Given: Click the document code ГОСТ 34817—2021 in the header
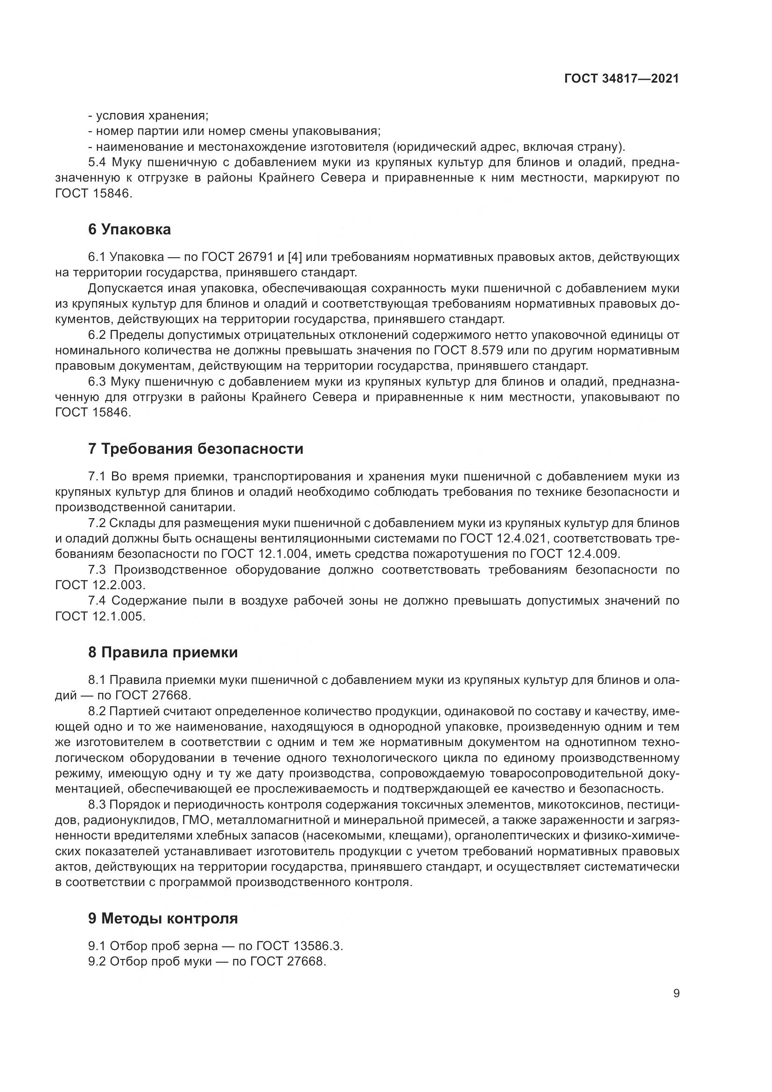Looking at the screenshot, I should [x=622, y=79].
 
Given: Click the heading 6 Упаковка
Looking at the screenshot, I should [x=129, y=230].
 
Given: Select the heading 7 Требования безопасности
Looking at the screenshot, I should [x=196, y=449].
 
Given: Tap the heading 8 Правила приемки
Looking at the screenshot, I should [x=162, y=652].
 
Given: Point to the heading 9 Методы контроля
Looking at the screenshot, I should [x=162, y=918].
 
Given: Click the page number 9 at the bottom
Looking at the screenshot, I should [x=676, y=993].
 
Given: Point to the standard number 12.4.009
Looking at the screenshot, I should [x=594, y=554].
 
